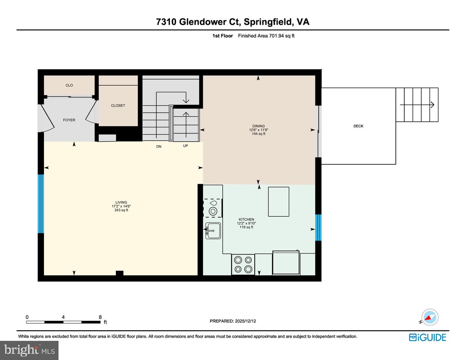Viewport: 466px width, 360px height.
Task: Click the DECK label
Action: pyautogui.click(x=358, y=126)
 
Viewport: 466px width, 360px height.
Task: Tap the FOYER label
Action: pyautogui.click(x=69, y=120)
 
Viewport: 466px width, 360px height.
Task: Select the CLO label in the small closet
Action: pyautogui.click(x=69, y=85)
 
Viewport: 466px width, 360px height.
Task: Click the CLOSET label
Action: pyautogui.click(x=118, y=105)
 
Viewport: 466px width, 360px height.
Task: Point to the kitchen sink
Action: pyautogui.click(x=213, y=231)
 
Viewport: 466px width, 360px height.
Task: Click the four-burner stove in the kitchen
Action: pyautogui.click(x=243, y=264)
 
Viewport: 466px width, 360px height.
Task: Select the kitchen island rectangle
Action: pyautogui.click(x=278, y=202)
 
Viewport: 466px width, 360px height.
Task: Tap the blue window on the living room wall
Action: pyautogui.click(x=41, y=204)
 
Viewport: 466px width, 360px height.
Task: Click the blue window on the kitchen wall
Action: pyautogui.click(x=318, y=227)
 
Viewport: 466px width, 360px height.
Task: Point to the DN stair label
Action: pyautogui.click(x=159, y=147)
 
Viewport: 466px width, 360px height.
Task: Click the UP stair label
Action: pyautogui.click(x=185, y=146)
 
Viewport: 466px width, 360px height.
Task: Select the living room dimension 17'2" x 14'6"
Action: pyautogui.click(x=121, y=206)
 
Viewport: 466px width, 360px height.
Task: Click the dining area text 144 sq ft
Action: pyautogui.click(x=259, y=134)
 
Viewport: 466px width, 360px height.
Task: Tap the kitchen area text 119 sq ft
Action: pyautogui.click(x=246, y=227)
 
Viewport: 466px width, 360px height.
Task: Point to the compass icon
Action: pyautogui.click(x=430, y=317)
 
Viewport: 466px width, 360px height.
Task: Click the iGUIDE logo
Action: pyautogui.click(x=427, y=337)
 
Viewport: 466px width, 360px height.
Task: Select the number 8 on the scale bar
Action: pyautogui.click(x=100, y=317)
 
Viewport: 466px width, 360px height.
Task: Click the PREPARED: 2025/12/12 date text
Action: pyautogui.click(x=233, y=321)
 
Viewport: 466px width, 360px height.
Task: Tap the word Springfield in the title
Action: pyautogui.click(x=268, y=22)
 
